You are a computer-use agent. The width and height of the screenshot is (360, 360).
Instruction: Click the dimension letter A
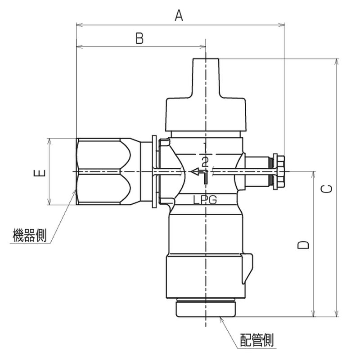[x=179, y=16]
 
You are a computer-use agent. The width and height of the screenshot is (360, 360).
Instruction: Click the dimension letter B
[x=139, y=38]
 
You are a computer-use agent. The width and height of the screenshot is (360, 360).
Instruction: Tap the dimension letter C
[x=326, y=189]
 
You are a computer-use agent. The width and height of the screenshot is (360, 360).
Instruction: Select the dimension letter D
[x=303, y=245]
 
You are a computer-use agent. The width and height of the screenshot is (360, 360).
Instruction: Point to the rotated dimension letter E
[x=40, y=173]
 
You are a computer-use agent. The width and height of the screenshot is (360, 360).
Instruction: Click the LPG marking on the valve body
[x=205, y=200]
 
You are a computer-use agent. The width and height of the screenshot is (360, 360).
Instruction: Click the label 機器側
[x=29, y=235]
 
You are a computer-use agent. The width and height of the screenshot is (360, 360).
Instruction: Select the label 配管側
[x=257, y=340]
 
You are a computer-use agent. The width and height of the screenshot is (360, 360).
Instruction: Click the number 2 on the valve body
[x=205, y=162]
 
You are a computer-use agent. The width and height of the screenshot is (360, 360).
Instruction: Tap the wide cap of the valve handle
[x=206, y=114]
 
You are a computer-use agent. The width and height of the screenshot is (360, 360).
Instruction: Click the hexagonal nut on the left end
[x=103, y=171]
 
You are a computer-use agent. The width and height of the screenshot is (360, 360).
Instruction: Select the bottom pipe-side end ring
[x=206, y=309]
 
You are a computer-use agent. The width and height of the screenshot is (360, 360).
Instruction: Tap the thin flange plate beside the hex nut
[x=154, y=171]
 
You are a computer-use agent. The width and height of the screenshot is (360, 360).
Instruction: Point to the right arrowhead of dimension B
[x=203, y=47]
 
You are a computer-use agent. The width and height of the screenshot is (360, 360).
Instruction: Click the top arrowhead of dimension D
[x=313, y=175]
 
